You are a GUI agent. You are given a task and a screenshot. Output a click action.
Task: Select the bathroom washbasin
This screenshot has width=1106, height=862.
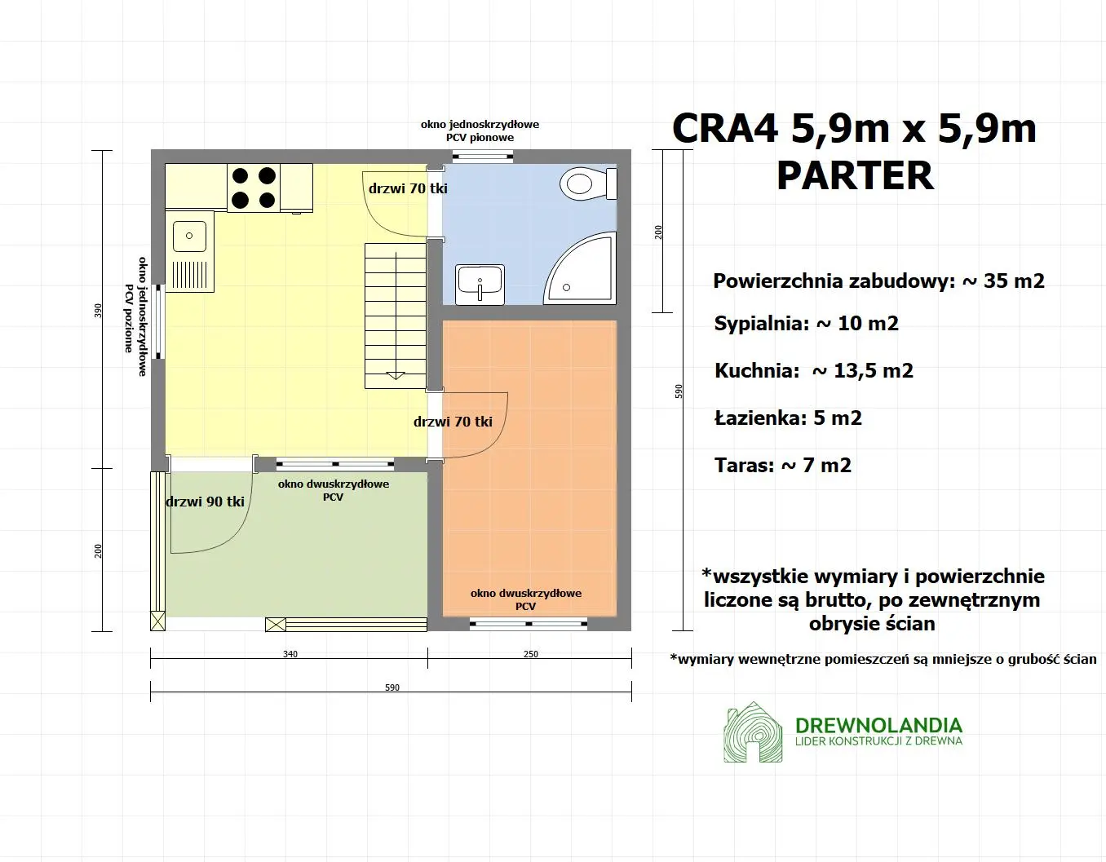tap(480, 284)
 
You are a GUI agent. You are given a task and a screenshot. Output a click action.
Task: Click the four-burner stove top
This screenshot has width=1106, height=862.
tap(253, 188)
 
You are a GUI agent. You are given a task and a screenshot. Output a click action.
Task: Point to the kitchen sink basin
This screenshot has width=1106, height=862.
tap(190, 236)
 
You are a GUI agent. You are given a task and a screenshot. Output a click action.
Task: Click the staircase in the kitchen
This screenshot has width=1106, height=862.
tap(396, 315)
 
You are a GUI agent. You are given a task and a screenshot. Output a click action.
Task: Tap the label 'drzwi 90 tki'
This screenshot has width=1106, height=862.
tap(205, 502)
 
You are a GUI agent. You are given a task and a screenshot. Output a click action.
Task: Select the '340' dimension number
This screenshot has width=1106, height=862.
tap(290, 654)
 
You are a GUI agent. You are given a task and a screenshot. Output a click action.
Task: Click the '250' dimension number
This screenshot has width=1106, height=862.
tap(530, 654)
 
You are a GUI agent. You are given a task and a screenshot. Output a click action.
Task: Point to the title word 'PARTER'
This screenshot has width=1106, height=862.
tap(854, 176)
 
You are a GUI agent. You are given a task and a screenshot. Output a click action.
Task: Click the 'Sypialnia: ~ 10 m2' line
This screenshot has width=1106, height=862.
tap(806, 324)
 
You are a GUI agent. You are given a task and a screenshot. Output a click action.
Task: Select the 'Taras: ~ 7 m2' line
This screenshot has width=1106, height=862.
tap(782, 466)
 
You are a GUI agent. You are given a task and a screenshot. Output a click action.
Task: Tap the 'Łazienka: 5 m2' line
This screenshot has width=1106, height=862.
tap(788, 418)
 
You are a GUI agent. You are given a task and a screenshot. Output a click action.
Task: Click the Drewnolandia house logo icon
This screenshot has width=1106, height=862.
tap(752, 732)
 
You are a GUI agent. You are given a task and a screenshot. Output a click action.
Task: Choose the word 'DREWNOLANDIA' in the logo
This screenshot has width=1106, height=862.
tap(878, 725)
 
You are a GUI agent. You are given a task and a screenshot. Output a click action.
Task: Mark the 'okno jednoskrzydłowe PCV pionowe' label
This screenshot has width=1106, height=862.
tap(480, 131)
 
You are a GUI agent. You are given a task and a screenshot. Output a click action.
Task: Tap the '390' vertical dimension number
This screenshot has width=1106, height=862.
tap(99, 311)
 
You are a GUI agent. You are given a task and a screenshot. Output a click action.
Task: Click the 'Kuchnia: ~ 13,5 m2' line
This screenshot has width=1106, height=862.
tap(813, 371)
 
